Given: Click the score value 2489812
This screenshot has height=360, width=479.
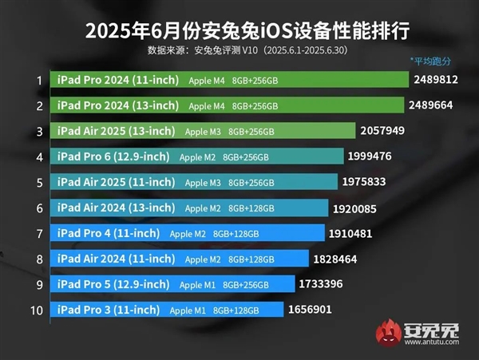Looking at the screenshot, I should (436, 80).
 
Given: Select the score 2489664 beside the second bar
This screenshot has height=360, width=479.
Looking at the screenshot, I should (436, 105).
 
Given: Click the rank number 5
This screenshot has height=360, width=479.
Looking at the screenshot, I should (38, 182).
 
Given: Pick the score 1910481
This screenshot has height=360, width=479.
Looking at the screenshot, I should (352, 232).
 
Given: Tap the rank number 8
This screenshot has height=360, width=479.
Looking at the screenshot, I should (38, 258).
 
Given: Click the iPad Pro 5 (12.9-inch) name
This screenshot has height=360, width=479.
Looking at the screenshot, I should (113, 283).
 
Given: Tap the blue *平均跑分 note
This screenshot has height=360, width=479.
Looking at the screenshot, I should (430, 61).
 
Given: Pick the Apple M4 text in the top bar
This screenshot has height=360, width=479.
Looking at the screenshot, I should (207, 81).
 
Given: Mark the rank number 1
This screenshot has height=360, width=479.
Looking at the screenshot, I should (38, 80).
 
